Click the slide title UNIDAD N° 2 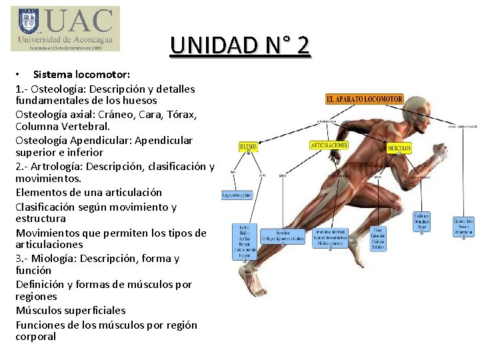pyautogui.click(x=240, y=45)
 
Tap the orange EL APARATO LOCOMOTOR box pyautogui.click(x=365, y=99)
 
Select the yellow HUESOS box pyautogui.click(x=248, y=147)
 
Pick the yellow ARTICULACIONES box pyautogui.click(x=329, y=145)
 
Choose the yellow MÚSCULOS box pyautogui.click(x=399, y=147)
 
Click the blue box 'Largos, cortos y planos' pyautogui.click(x=237, y=195)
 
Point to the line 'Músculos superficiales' pyautogui.click(x=71, y=310)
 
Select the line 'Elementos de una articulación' pyautogui.click(x=89, y=192)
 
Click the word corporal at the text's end pyautogui.click(x=36, y=337)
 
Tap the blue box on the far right pyautogui.click(x=463, y=227)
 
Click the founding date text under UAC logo pyautogui.click(x=65, y=48)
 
